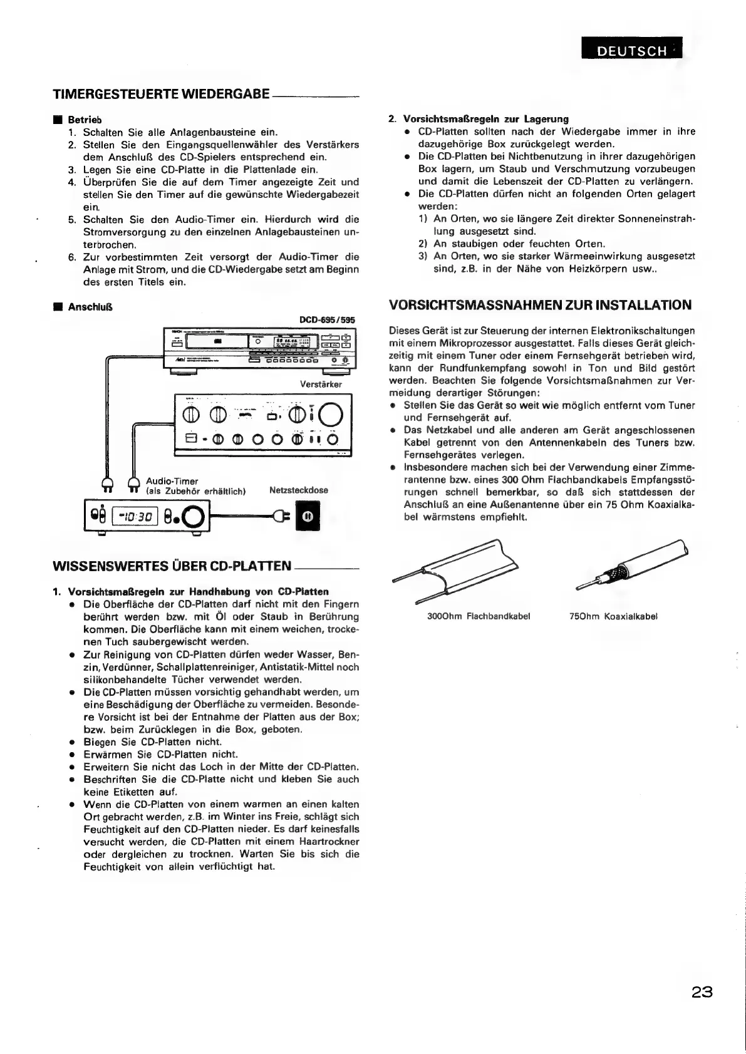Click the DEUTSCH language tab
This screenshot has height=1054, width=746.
tap(631, 51)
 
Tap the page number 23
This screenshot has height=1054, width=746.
tap(702, 992)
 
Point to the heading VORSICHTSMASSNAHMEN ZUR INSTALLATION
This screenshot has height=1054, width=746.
tap(540, 306)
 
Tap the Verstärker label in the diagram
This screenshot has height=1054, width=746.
tap(321, 384)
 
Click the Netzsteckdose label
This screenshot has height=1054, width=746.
tap(298, 490)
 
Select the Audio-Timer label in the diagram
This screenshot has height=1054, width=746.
tap(172, 481)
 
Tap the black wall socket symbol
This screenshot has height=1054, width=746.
tap(308, 517)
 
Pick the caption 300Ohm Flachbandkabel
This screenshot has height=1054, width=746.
tap(479, 616)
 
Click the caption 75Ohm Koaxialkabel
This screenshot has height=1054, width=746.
tap(613, 616)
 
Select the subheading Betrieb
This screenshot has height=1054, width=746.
tap(85, 120)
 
